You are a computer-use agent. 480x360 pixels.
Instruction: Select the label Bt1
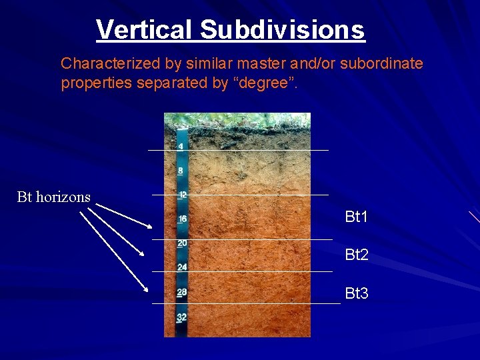pos(357,217)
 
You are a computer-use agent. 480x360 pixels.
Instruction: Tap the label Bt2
pos(357,255)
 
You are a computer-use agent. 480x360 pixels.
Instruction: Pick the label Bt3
pos(357,293)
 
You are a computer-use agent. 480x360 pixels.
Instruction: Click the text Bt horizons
pos(54,197)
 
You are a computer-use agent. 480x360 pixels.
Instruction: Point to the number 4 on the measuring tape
pos(181,146)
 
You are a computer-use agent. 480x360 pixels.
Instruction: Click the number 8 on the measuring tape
pos(181,170)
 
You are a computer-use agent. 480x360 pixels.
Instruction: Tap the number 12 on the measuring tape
pos(182,195)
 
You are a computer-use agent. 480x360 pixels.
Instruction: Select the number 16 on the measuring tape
pos(182,219)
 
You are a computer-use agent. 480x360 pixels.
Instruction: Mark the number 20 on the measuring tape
pos(182,243)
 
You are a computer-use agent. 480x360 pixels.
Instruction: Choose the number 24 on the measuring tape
pos(182,267)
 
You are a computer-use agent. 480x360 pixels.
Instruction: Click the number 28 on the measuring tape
pos(182,292)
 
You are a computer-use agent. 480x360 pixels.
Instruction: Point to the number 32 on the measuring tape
pos(181,317)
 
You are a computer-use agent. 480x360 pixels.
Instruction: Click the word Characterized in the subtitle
pos(103,64)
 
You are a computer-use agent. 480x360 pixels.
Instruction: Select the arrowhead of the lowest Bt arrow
pos(146,290)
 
